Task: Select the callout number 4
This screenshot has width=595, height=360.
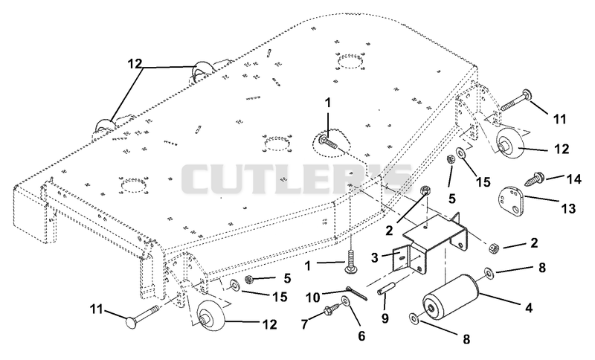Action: [528, 307]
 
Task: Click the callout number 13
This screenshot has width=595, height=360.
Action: [569, 208]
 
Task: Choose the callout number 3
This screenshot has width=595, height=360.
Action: [375, 257]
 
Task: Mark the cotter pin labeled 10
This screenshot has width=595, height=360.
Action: [356, 292]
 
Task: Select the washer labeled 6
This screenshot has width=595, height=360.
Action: [346, 301]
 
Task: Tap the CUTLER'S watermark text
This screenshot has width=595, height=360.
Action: [296, 179]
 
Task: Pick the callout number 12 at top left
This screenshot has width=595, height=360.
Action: [134, 64]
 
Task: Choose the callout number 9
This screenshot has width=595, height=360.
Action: [385, 318]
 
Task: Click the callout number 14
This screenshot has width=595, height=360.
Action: [573, 179]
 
